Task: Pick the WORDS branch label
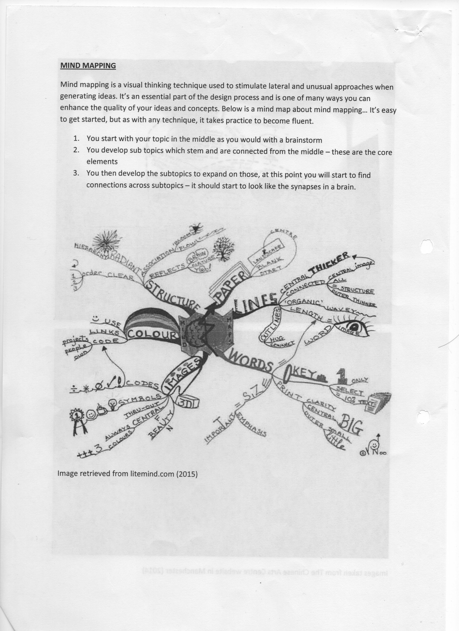tap(251, 362)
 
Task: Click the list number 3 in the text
tap(76, 173)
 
